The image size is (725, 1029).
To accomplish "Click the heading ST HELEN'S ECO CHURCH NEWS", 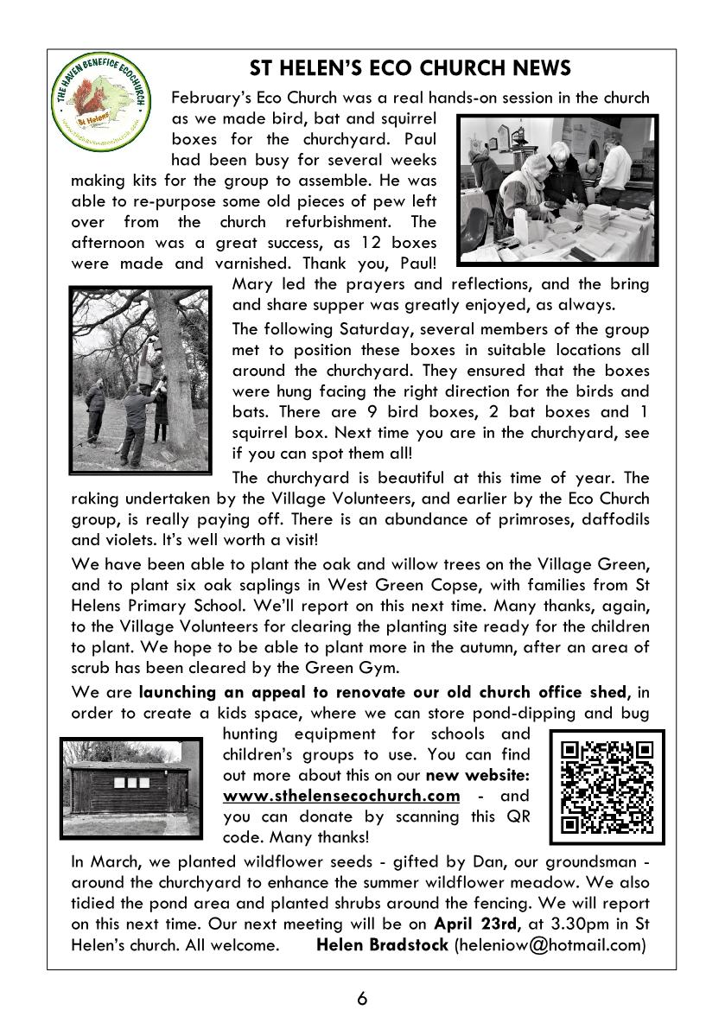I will [410, 68].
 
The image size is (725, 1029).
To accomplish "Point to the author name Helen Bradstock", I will [383, 944].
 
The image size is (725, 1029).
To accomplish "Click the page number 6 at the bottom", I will [362, 999].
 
